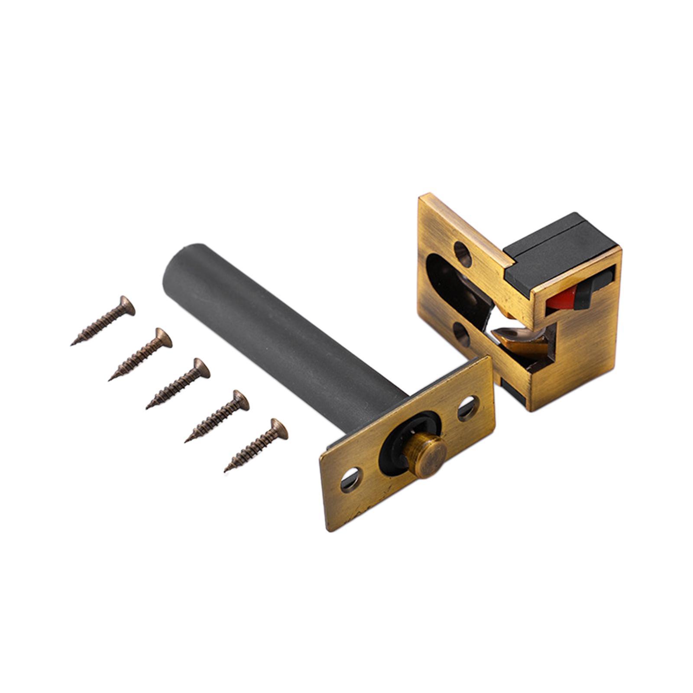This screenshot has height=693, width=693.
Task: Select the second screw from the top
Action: coord(141,353)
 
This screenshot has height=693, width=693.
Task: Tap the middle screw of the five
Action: coord(178,383)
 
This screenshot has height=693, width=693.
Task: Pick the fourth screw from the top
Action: coord(217,415)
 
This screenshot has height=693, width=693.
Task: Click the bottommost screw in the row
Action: coord(256,444)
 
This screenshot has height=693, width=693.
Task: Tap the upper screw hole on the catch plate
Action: coord(463,253)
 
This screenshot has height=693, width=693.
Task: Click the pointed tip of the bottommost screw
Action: coord(226,471)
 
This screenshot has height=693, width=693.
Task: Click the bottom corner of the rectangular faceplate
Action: coord(329,530)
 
